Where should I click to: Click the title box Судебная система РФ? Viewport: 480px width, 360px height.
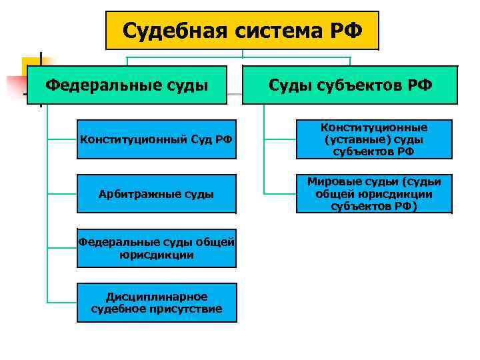point(242,30)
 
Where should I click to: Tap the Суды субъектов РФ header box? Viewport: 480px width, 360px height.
point(350,85)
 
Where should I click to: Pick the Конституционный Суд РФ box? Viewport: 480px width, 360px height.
point(156,139)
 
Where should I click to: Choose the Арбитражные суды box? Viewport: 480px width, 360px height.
point(156,194)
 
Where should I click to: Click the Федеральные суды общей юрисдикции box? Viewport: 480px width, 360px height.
point(156,248)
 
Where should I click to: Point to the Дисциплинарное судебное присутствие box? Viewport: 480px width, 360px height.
point(156,303)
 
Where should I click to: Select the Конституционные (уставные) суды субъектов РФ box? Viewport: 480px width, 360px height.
point(373,139)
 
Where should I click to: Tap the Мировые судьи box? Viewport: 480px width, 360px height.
point(373,194)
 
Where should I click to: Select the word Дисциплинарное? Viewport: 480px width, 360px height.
point(157,297)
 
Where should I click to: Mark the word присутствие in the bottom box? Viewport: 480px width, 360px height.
point(189,309)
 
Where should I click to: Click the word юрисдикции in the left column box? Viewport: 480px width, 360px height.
point(157,255)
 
